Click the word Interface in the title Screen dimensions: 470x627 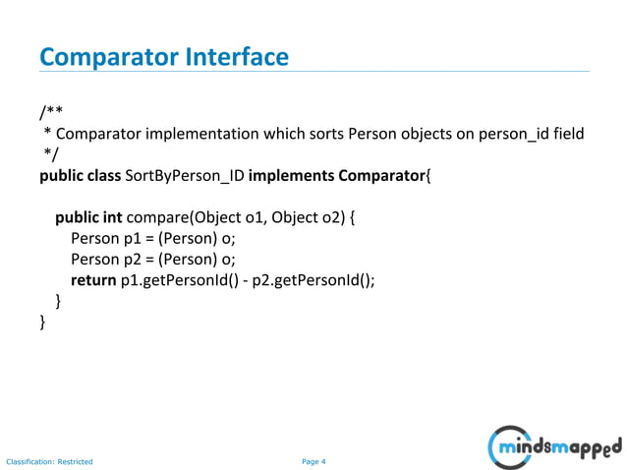[236, 57]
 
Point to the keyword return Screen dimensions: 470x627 [93, 279]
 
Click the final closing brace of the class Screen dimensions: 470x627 [42, 322]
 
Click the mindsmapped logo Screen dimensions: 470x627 [555, 447]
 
